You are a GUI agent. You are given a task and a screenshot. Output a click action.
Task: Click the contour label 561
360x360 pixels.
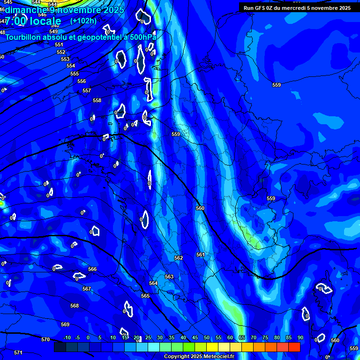pos(201,255)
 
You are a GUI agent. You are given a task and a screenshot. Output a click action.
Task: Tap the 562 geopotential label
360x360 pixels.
pos(179,258)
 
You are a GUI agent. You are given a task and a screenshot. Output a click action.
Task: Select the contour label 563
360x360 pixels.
pos(169,277)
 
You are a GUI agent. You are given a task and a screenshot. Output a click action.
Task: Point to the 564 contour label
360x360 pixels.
pos(153,283)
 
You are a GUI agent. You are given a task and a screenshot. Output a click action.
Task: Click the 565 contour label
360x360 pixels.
pos(145,296)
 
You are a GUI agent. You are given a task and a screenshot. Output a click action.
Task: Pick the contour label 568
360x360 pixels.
pos(75,306)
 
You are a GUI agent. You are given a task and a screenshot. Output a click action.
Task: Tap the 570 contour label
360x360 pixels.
pos(45,339)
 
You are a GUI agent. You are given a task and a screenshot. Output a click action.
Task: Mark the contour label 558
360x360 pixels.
pos(97,100)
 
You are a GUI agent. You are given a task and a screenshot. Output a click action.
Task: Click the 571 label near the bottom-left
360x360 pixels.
pos(18,352)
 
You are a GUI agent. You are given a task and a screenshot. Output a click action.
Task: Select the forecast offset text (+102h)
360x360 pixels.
pos(83,21)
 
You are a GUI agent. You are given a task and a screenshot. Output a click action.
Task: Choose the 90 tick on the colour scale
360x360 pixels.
pos(300,337)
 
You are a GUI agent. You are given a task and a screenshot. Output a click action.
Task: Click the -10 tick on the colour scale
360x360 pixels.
pos(67,337)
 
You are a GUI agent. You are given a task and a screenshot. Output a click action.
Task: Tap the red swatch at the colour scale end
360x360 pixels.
pos(294,347)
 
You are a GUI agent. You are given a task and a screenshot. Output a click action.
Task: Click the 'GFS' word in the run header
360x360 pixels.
pos(260,8)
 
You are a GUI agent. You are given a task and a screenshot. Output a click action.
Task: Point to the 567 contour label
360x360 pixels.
pos(87,289)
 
